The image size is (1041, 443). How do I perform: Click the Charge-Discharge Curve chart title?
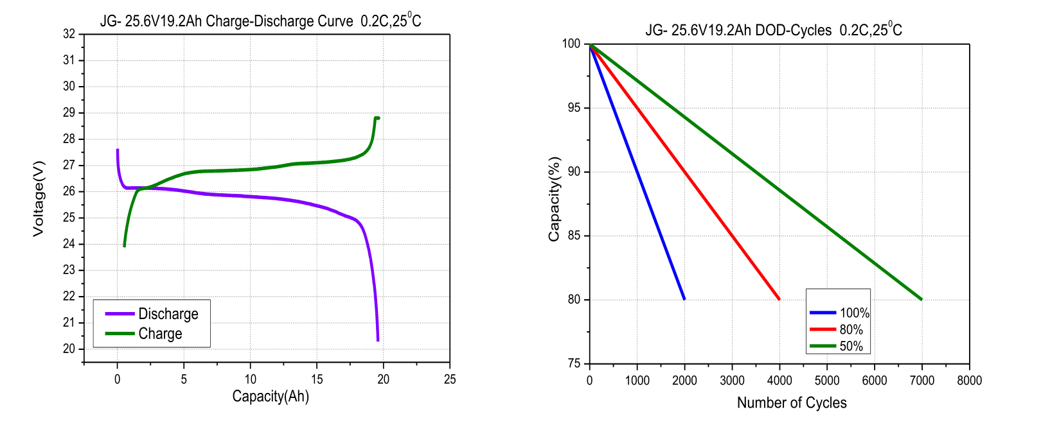coord(260,21)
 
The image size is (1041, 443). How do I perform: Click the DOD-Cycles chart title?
coord(774,30)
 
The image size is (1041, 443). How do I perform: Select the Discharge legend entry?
coord(168,314)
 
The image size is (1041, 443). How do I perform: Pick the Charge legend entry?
coord(160,334)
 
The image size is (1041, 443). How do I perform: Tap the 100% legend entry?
coord(854,313)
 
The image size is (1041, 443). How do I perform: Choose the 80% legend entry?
coord(851,330)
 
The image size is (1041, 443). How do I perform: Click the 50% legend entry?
coord(851,347)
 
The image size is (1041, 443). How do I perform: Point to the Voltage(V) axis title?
coord(39,198)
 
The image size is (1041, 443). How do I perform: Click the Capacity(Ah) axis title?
coord(271,396)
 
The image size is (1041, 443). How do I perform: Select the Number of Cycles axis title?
coord(792,403)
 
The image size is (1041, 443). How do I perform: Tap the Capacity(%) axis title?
coord(554,199)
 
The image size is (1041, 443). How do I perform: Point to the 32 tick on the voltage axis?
coord(69,34)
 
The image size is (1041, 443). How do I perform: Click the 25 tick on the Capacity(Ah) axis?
coord(450,379)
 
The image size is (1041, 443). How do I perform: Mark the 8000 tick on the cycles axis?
coord(969,381)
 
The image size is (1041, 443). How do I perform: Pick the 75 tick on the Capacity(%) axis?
coord(574,364)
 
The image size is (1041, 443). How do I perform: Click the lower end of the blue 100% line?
coord(684,299)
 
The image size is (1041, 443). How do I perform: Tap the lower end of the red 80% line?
coord(779,299)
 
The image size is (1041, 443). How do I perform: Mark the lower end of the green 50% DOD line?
coord(921,299)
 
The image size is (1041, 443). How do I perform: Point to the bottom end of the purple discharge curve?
coord(378,340)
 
